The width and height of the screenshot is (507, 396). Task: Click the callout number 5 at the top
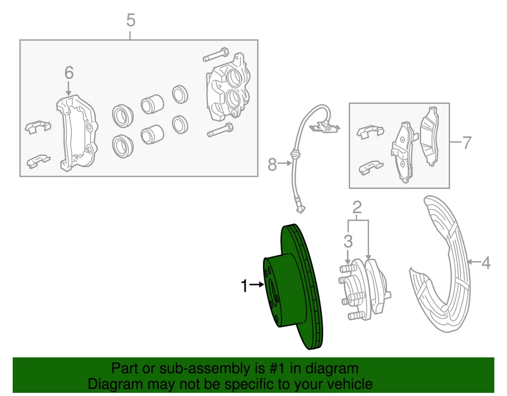click(130, 21)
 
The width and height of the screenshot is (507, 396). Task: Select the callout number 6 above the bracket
click(69, 72)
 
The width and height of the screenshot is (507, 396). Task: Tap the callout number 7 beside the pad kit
click(466, 143)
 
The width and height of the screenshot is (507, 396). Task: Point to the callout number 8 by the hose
click(272, 165)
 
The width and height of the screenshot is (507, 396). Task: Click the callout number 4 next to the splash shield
click(486, 262)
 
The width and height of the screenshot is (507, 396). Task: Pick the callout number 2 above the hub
click(357, 206)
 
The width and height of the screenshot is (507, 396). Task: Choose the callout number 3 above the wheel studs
click(348, 242)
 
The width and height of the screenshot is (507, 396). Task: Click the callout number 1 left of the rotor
click(244, 286)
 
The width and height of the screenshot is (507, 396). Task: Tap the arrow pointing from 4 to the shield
click(474, 262)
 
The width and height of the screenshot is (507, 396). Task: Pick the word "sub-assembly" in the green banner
click(185, 369)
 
